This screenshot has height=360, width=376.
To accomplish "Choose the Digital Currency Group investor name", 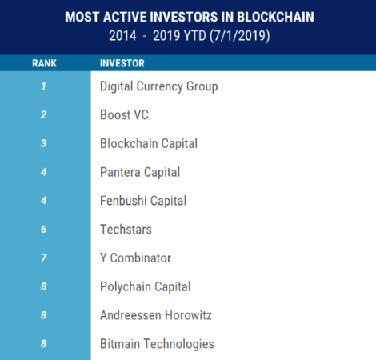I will click(158, 86).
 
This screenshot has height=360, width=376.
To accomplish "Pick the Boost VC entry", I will click(124, 115).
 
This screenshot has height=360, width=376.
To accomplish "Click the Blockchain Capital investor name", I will click(149, 144).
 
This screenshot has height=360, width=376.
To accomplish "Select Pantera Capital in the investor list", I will click(140, 172).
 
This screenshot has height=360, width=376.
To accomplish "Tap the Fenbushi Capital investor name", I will click(143, 201).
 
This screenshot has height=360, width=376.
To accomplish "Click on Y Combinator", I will click(136, 258).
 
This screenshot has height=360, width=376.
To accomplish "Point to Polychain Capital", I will click(145, 286).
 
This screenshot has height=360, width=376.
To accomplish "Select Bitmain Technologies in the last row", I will click(157, 344).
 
